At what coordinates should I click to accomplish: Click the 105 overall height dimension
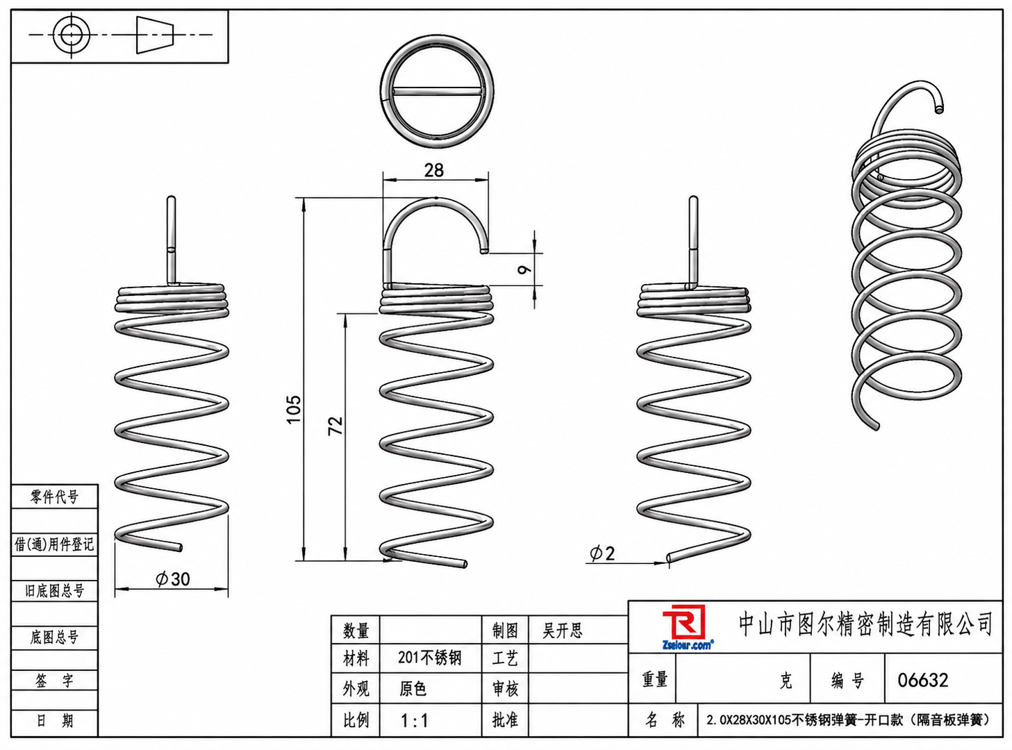tap(294, 410)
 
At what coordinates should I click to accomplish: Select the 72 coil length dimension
tap(335, 426)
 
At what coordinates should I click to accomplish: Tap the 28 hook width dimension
tap(434, 171)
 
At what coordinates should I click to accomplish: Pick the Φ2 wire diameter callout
tap(602, 553)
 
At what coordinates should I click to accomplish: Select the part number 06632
tap(922, 680)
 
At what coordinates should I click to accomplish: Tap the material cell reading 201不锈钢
tap(430, 658)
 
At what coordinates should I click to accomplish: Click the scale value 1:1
tap(414, 721)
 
